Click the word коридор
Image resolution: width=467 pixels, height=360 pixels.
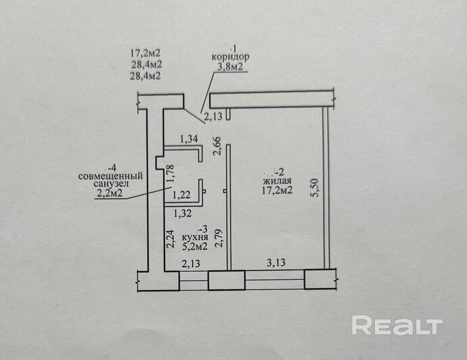tap(230, 58)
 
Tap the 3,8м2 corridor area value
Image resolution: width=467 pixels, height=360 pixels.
tap(229, 67)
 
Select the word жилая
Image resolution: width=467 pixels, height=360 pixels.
tap(278, 181)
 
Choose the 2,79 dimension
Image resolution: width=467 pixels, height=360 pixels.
tap(217, 239)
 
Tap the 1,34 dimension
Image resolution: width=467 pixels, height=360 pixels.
tap(190, 140)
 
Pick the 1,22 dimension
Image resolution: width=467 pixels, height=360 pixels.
tap(181, 196)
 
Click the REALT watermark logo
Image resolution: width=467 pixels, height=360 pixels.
tap(396, 325)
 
